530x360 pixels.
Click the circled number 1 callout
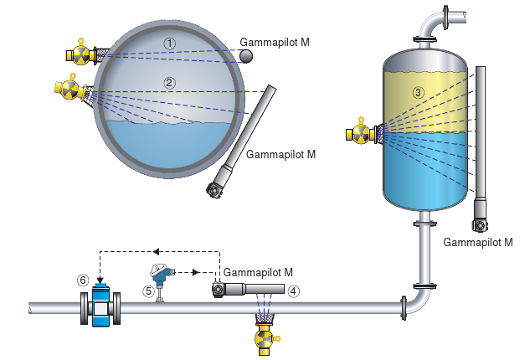[x=171, y=42]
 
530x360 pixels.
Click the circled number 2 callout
[x=170, y=82]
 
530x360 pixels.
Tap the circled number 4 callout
[x=294, y=291]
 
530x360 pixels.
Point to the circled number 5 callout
[x=148, y=291]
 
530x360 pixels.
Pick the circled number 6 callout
[x=82, y=279]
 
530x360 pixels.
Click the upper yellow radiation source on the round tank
[x=80, y=54]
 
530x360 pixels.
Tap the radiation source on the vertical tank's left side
[x=361, y=133]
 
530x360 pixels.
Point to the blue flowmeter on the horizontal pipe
[x=100, y=307]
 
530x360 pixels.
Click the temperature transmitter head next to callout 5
[x=160, y=271]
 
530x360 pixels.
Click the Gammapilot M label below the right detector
[x=477, y=243]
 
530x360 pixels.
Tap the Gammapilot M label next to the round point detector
[x=275, y=41]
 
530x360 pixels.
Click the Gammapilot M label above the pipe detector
[x=259, y=273]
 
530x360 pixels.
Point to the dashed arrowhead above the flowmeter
[x=100, y=280]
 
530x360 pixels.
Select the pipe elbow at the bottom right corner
[x=418, y=301]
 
